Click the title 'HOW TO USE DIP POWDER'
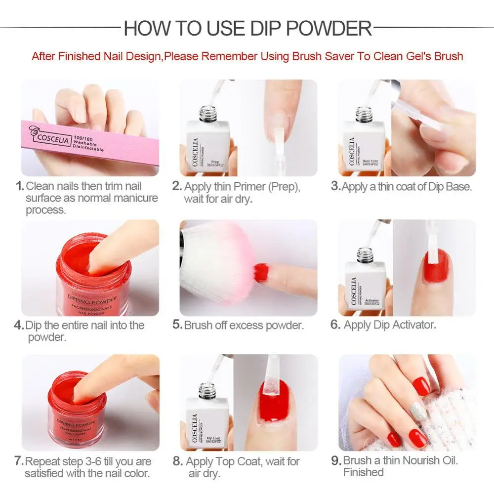pyautogui.click(x=247, y=28)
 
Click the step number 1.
pyautogui.click(x=19, y=187)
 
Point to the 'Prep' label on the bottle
pyautogui.click(x=215, y=162)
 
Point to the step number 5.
pyautogui.click(x=177, y=325)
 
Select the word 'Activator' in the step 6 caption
pyautogui.click(x=412, y=325)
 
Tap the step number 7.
pyautogui.click(x=19, y=461)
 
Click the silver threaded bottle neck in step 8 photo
pyautogui.click(x=206, y=390)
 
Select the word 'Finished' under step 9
pyautogui.click(x=363, y=472)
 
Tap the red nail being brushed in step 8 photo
pyautogui.click(x=273, y=405)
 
